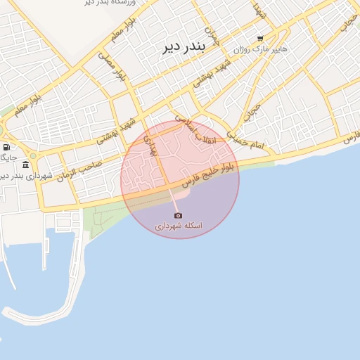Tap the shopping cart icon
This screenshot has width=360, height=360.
(260, 39)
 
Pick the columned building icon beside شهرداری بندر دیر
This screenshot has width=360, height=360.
(25, 165)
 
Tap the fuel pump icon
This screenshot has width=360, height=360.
(6, 148)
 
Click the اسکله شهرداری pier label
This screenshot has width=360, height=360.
(179, 226)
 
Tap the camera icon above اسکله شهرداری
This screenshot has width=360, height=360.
(178, 215)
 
